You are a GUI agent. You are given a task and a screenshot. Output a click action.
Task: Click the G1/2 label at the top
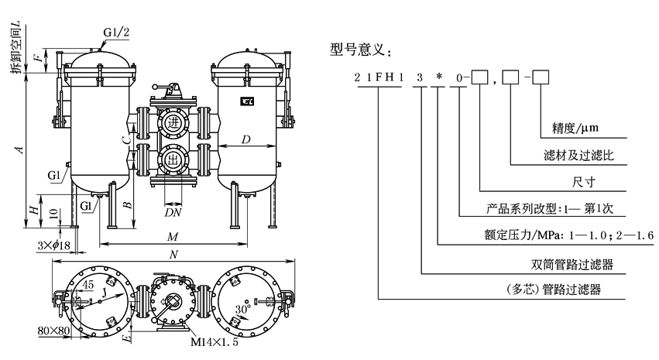116,33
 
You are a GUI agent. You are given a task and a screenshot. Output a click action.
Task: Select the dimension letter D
245,139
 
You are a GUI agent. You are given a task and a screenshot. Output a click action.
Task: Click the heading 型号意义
360,50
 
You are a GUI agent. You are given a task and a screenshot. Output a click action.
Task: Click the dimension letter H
32,211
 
